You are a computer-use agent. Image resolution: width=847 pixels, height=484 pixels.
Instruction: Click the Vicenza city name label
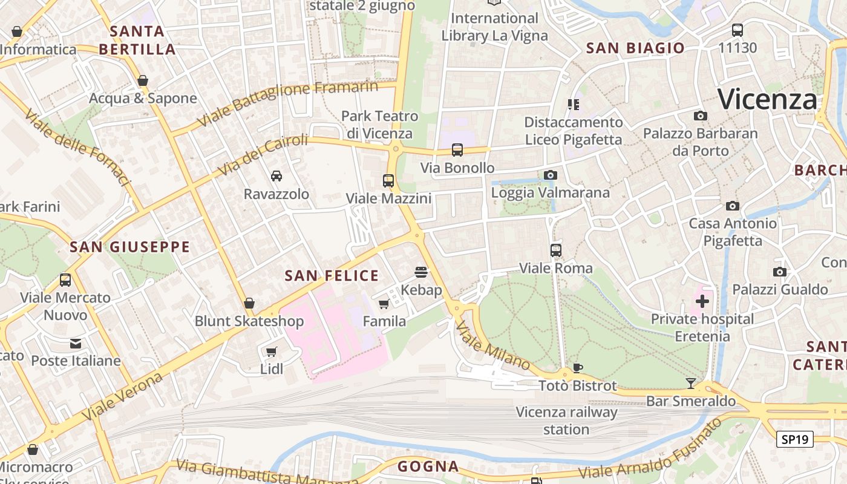click(x=767, y=99)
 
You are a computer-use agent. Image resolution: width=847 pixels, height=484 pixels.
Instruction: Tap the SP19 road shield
click(x=794, y=440)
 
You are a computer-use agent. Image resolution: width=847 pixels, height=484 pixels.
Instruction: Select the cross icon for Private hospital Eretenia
click(x=702, y=301)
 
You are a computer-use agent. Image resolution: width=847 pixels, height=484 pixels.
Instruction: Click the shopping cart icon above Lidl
click(x=272, y=352)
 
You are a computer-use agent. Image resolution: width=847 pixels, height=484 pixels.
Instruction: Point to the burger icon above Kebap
click(x=421, y=272)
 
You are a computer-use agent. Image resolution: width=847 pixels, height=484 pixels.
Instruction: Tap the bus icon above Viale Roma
click(x=555, y=250)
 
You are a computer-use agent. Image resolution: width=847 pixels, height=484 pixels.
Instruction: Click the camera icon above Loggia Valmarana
click(x=550, y=175)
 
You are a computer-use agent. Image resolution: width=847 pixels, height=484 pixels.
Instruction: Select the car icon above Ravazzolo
click(x=276, y=176)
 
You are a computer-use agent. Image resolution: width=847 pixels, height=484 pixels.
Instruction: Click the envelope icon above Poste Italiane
click(x=76, y=344)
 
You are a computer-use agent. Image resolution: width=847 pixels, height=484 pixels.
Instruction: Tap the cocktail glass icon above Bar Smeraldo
click(x=690, y=383)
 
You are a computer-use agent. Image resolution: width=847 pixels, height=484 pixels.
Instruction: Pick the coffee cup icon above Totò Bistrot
click(x=578, y=367)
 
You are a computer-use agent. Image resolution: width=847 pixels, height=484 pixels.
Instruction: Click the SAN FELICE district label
click(x=332, y=276)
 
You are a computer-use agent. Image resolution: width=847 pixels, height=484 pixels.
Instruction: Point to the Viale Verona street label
click(x=122, y=397)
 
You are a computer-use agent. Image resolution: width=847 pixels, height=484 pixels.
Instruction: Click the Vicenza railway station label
click(x=566, y=421)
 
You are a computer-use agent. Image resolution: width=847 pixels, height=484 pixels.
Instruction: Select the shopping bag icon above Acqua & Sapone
click(x=143, y=80)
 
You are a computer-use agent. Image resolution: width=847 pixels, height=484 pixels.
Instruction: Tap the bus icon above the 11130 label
click(x=737, y=30)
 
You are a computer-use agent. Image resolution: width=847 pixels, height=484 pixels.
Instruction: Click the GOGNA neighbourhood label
click(x=428, y=466)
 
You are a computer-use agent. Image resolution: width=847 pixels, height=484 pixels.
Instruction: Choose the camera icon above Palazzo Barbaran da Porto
click(x=700, y=116)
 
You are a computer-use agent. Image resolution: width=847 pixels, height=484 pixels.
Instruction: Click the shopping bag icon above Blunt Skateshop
click(x=249, y=303)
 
